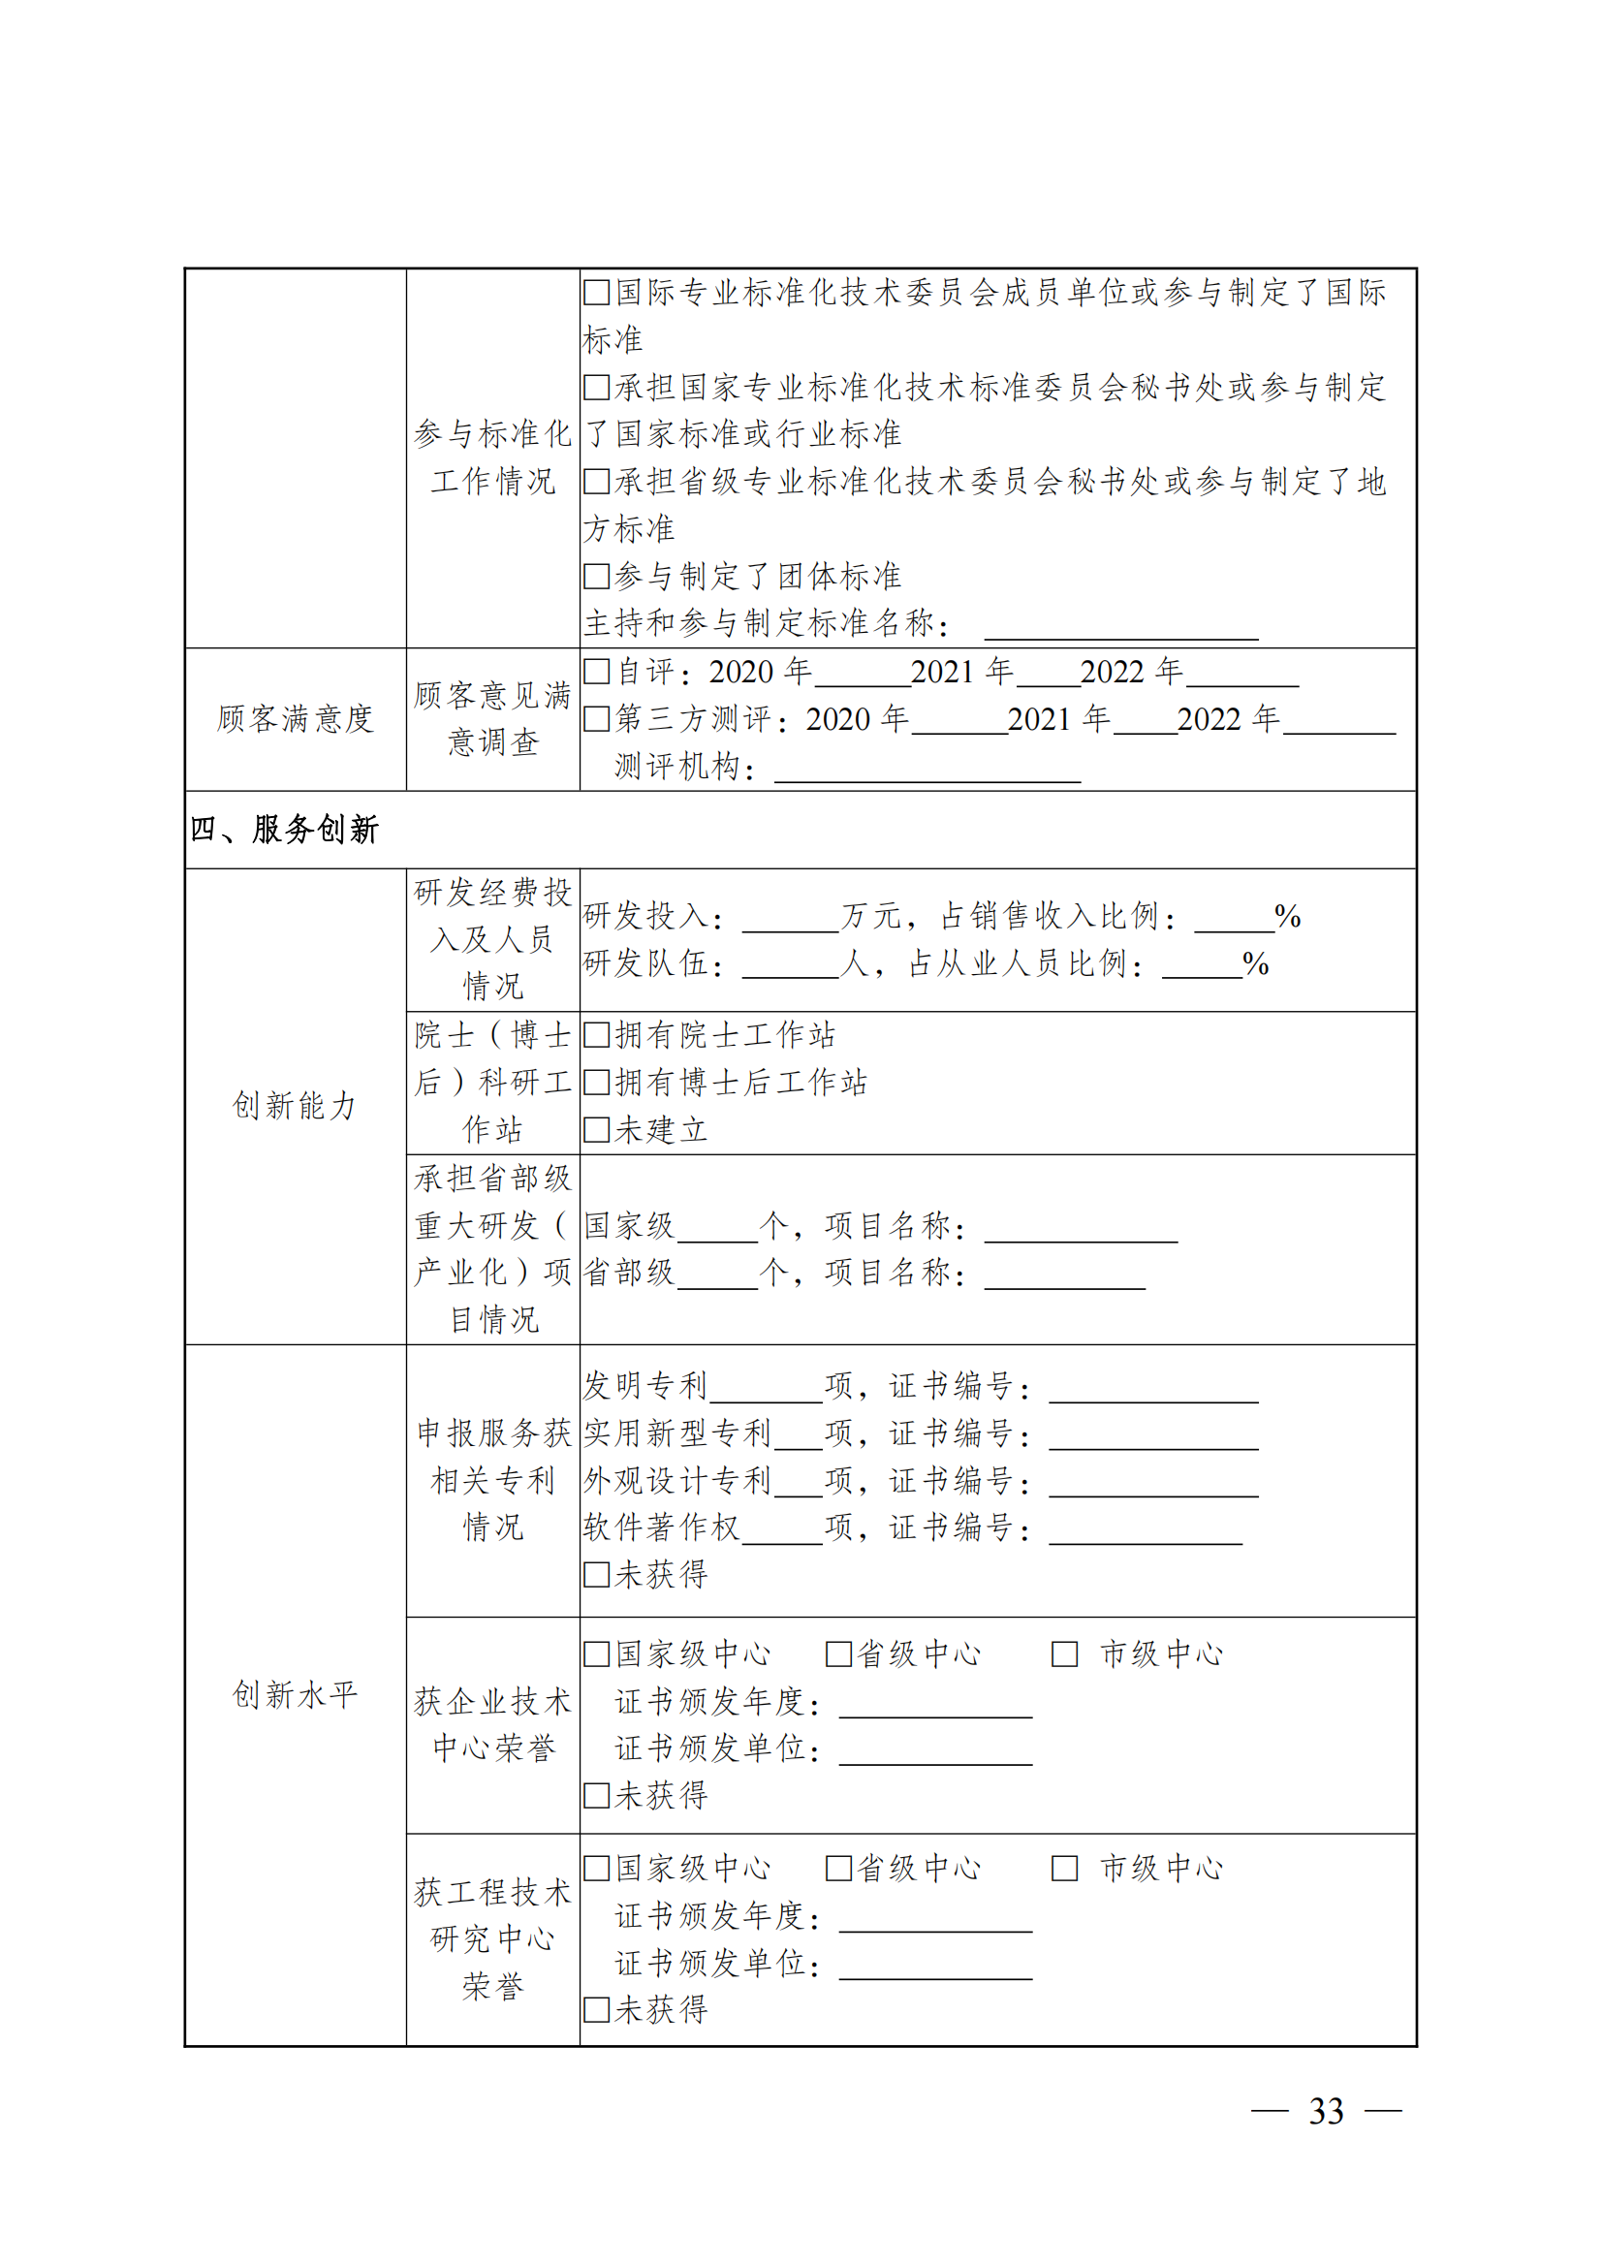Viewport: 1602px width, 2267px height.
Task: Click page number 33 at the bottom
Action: (x=1326, y=2111)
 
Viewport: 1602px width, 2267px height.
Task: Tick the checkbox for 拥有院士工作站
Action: (x=596, y=1035)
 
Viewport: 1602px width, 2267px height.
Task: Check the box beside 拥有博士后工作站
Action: (x=596, y=1083)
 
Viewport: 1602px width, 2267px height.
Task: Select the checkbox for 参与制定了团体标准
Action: (x=596, y=576)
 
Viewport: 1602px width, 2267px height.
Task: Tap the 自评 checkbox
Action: (x=596, y=672)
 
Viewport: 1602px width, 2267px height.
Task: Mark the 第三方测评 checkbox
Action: (x=596, y=719)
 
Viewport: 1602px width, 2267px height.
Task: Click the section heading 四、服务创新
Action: (x=284, y=830)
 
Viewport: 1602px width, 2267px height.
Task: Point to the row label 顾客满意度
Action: (x=296, y=719)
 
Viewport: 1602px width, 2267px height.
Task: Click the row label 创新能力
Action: (x=296, y=1106)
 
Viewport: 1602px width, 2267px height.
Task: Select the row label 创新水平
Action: (x=296, y=1694)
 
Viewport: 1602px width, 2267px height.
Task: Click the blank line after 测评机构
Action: (x=927, y=771)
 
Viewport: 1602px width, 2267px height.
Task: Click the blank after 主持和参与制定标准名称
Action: (x=1120, y=628)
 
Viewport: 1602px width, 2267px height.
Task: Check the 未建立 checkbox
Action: (x=596, y=1129)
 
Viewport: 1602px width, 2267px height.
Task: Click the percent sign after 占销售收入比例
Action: (x=1287, y=916)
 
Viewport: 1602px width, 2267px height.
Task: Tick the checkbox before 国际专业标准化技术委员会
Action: (x=596, y=293)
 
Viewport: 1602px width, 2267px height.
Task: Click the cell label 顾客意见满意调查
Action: (x=492, y=719)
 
